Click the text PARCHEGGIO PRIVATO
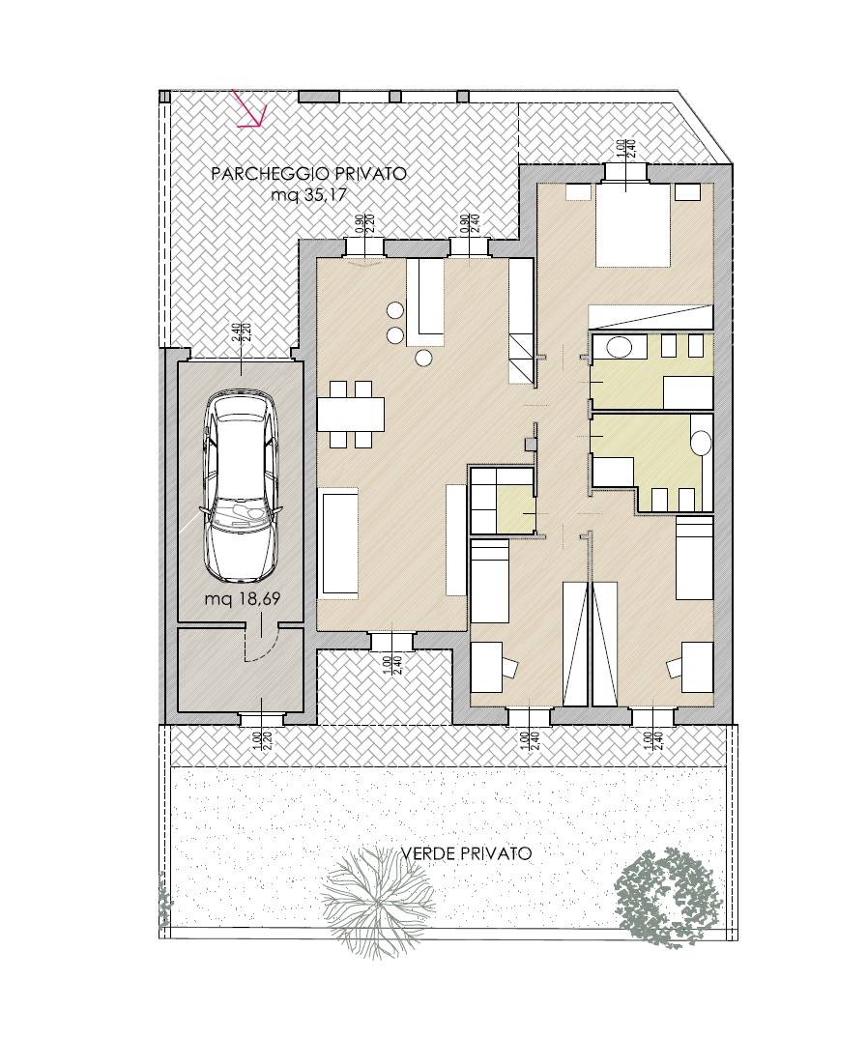pyautogui.click(x=308, y=174)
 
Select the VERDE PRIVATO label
pyautogui.click(x=466, y=853)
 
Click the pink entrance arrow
pyautogui.click(x=250, y=111)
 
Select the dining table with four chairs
pyautogui.click(x=350, y=415)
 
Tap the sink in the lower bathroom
pyautogui.click(x=702, y=442)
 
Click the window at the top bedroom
pyautogui.click(x=627, y=171)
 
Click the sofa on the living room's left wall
pyautogui.click(x=339, y=540)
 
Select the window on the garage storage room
pyautogui.click(x=261, y=718)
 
